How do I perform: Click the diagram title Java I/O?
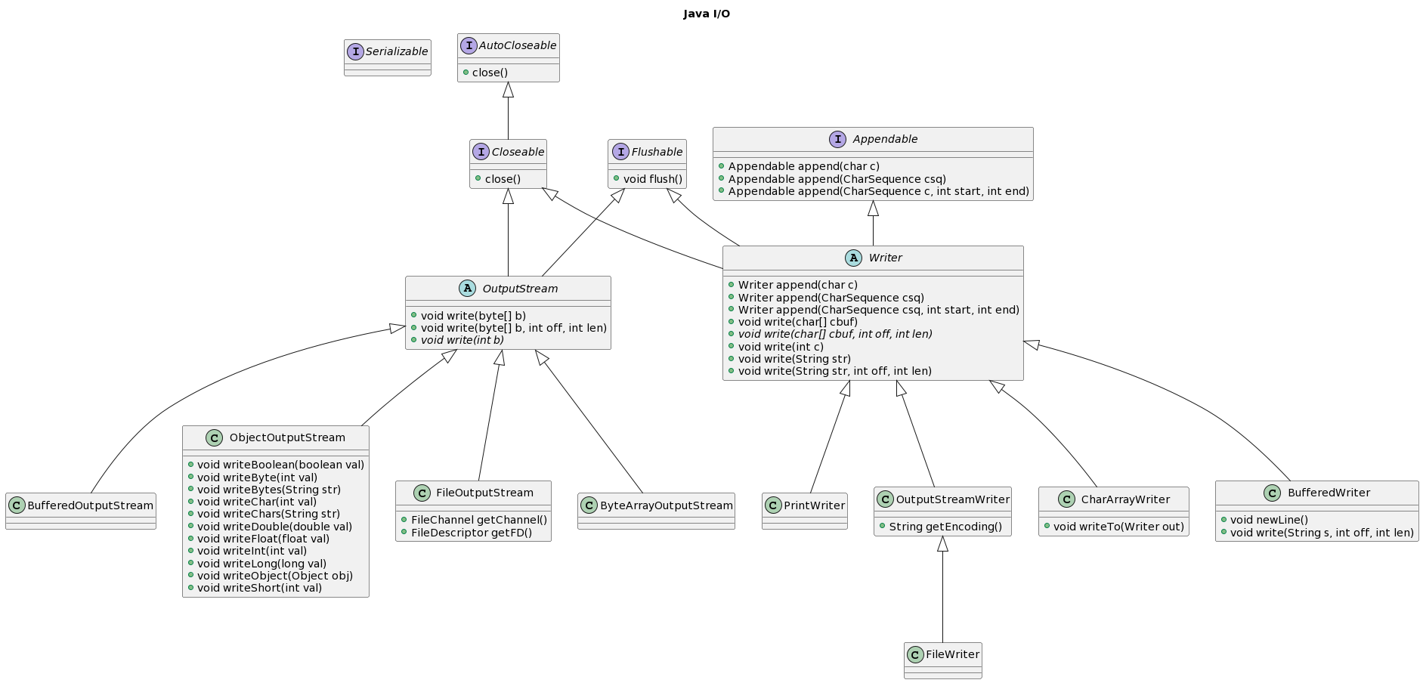point(707,14)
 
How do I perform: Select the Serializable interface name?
point(397,51)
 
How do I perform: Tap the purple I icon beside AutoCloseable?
point(469,45)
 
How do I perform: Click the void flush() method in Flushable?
point(653,179)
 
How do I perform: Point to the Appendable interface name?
point(885,139)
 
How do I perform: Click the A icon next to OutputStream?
point(467,289)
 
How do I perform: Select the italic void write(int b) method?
point(462,340)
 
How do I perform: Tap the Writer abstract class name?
point(885,258)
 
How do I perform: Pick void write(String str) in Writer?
point(794,359)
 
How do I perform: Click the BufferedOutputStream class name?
point(90,505)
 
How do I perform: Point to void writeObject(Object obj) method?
point(275,576)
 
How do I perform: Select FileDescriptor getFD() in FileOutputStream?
point(472,533)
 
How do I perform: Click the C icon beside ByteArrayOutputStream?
point(589,505)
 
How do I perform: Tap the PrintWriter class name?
point(815,505)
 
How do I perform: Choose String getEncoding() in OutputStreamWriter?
point(945,527)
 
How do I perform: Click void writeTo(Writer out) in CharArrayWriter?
point(1118,527)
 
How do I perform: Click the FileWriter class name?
point(952,654)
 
